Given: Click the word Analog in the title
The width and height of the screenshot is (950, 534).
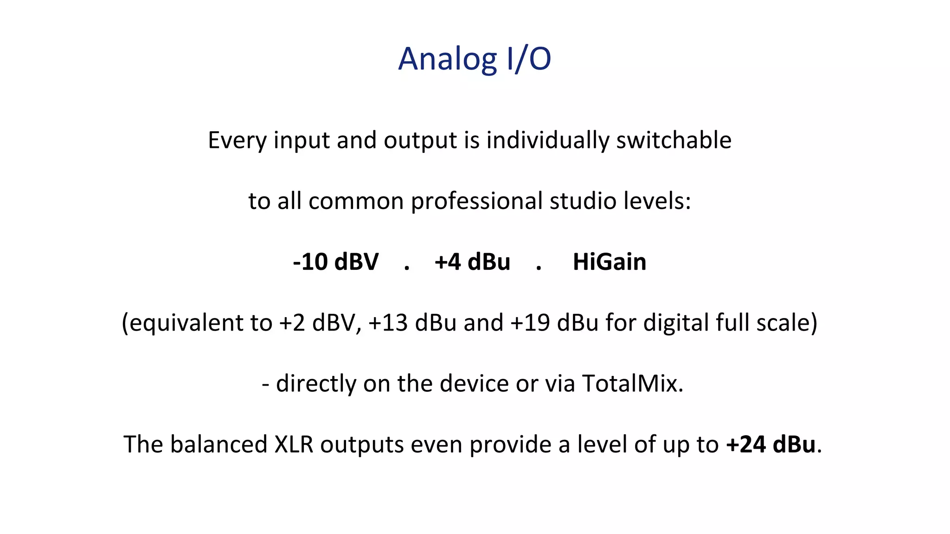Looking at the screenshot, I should [x=447, y=59].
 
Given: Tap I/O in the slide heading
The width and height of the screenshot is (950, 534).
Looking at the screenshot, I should [x=529, y=59].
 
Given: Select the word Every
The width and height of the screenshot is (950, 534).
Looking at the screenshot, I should [x=237, y=140].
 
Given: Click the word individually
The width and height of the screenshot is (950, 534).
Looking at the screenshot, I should [x=547, y=140].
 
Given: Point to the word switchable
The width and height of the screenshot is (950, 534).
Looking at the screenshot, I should [x=674, y=140].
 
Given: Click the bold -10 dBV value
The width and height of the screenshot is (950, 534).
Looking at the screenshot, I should [x=336, y=262].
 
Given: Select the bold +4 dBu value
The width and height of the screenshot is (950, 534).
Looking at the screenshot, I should [x=472, y=262].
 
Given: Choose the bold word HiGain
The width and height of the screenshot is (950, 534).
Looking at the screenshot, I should [x=610, y=262].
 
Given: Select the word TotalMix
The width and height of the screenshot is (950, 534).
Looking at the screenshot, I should [x=632, y=384].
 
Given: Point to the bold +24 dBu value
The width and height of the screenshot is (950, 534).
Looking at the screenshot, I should [x=771, y=445].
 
